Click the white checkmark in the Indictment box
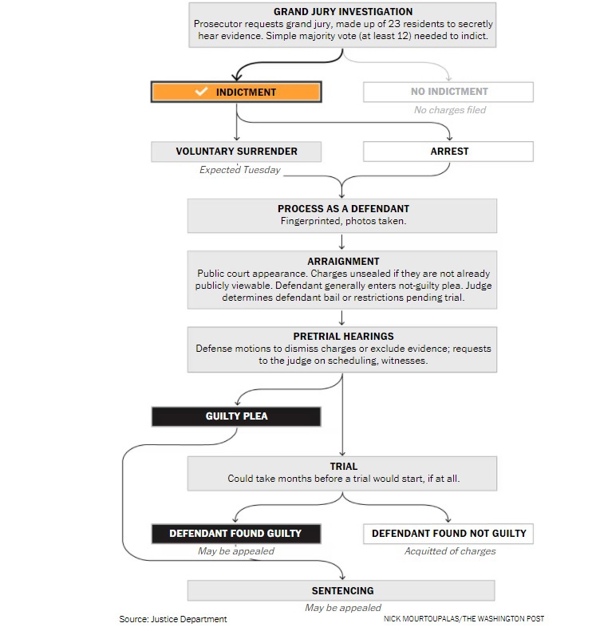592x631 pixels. [201, 92]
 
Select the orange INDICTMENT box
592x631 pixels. [236, 92]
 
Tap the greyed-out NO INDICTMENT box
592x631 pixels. [448, 92]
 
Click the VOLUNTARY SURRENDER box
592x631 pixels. [236, 152]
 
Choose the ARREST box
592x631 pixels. [448, 152]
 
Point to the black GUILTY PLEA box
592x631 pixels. [236, 416]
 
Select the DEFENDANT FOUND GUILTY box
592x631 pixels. [236, 534]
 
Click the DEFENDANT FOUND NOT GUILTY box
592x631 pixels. [448, 534]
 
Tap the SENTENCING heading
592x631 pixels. [342, 591]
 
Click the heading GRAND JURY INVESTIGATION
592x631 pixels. [343, 12]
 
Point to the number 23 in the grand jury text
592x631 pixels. [394, 24]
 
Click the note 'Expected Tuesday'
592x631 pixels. [240, 170]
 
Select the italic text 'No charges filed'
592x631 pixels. [450, 110]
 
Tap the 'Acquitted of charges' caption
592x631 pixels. [450, 551]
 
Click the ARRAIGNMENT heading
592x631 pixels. [343, 262]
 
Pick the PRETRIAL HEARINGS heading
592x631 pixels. [343, 337]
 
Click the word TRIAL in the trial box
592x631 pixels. [343, 467]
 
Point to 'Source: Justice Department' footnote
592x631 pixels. [173, 619]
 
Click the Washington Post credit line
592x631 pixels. [464, 619]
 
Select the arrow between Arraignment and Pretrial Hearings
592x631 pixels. [341, 317]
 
